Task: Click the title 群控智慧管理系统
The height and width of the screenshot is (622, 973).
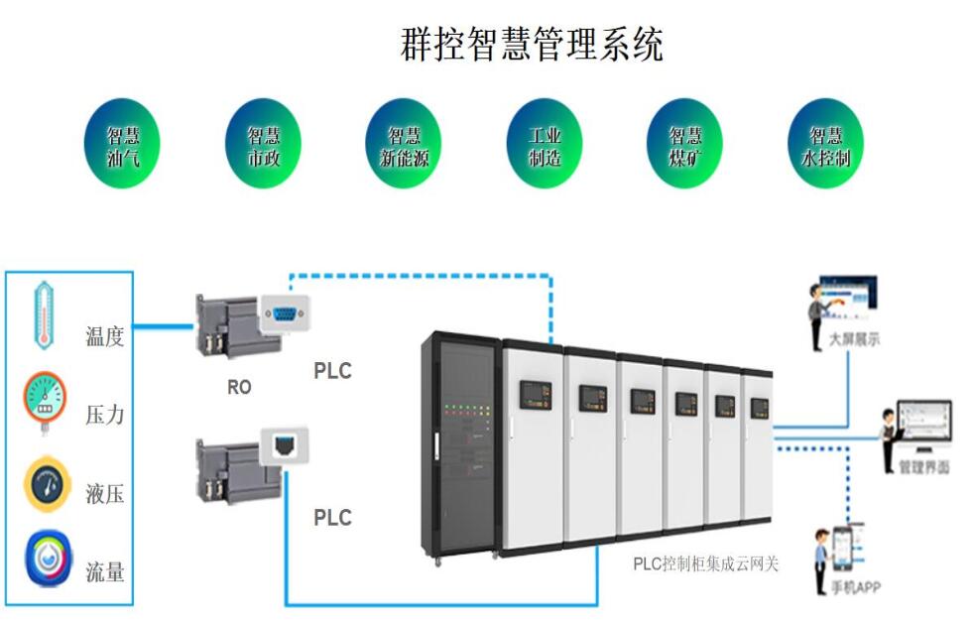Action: [532, 45]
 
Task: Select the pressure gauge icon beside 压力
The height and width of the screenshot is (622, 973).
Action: [45, 402]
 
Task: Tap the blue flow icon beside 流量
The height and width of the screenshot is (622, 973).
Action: [48, 561]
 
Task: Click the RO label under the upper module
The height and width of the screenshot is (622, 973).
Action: [239, 388]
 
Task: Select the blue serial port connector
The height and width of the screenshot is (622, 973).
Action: [285, 315]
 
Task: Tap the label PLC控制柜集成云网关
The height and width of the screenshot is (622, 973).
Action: [706, 564]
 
